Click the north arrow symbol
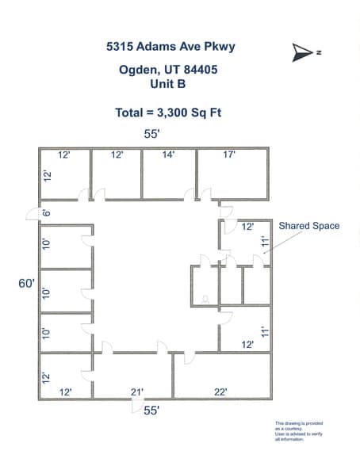[301, 52]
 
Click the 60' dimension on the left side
[28, 282]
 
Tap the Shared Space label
[308, 226]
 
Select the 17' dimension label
[229, 155]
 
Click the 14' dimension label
[168, 155]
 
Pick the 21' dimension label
[138, 392]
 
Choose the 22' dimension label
[220, 392]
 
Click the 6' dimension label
[47, 212]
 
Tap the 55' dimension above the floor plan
[151, 135]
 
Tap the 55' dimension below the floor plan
[151, 410]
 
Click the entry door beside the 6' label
[33, 212]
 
